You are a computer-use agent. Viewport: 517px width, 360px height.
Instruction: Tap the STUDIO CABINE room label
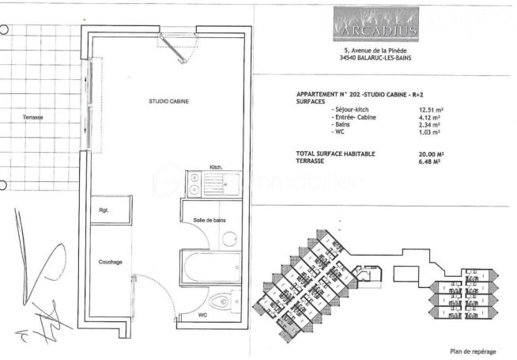pyautogui.click(x=168, y=100)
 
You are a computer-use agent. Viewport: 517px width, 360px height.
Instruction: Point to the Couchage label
pyautogui.click(x=111, y=263)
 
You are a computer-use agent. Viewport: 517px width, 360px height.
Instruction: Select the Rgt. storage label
pyautogui.click(x=104, y=210)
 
